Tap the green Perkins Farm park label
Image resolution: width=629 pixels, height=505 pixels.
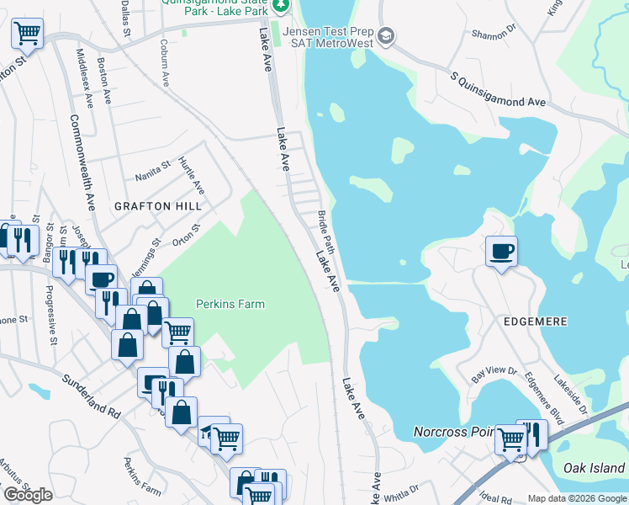pyautogui.click(x=230, y=304)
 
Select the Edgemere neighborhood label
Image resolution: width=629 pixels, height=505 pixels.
pyautogui.click(x=536, y=322)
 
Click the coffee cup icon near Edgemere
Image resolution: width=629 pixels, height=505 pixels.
pyautogui.click(x=501, y=251)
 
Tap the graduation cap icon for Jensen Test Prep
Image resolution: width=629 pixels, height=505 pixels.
pyautogui.click(x=386, y=35)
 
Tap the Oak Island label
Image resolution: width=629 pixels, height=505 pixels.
pyautogui.click(x=594, y=468)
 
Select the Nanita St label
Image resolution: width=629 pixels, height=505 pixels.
pyautogui.click(x=153, y=176)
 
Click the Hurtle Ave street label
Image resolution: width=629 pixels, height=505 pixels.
pyautogui.click(x=192, y=175)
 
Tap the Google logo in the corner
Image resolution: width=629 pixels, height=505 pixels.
pyautogui.click(x=28, y=495)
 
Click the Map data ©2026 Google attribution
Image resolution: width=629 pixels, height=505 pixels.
pyautogui.click(x=576, y=498)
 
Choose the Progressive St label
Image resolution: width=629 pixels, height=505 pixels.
pyautogui.click(x=50, y=316)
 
